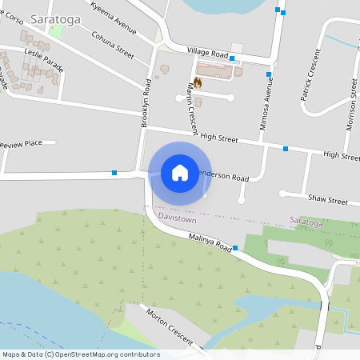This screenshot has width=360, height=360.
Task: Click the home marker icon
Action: [x=179, y=173]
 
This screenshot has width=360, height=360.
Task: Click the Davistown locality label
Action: [x=178, y=217]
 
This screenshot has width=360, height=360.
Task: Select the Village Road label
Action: [x=208, y=51]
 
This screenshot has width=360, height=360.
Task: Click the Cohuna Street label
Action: [x=112, y=44]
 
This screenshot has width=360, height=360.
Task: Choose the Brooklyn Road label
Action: [x=146, y=104]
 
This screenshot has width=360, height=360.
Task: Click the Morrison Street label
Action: [x=350, y=109]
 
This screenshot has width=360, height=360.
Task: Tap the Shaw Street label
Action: [x=327, y=200]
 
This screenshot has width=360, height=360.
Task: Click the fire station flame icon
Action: [x=197, y=81]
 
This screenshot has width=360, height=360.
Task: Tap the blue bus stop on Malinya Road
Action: [x=235, y=249]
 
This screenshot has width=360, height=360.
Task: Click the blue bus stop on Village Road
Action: [x=232, y=58]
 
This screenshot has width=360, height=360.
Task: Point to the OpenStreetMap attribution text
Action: [x=80, y=354]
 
